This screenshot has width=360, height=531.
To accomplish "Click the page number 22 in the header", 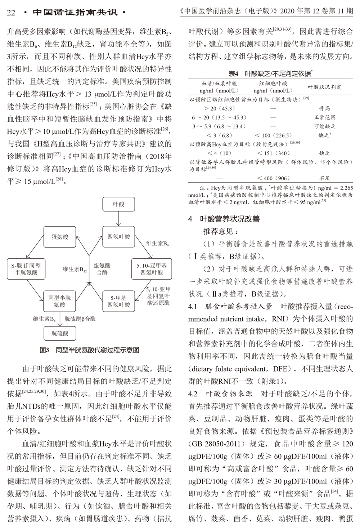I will (11, 12).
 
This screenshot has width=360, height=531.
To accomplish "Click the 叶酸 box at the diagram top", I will (118, 204).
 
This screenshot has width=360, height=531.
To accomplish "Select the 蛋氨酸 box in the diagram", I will (60, 237).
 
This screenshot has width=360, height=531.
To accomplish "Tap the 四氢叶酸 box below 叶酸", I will (118, 237).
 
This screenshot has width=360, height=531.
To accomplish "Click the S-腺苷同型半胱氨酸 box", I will (26, 269).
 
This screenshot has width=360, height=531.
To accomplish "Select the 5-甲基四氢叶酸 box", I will (118, 301).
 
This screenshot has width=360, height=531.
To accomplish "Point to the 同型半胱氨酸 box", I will (60, 301).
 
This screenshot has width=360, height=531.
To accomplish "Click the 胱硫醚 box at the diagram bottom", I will (60, 333).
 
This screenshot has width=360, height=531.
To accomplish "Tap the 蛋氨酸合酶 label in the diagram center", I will (102, 269).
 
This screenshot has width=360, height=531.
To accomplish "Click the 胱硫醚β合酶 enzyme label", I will (80, 319).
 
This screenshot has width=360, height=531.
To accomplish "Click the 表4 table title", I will (270, 74).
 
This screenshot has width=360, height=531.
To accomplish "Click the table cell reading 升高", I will (324, 108).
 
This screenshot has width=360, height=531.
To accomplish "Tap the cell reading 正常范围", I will (324, 117).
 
